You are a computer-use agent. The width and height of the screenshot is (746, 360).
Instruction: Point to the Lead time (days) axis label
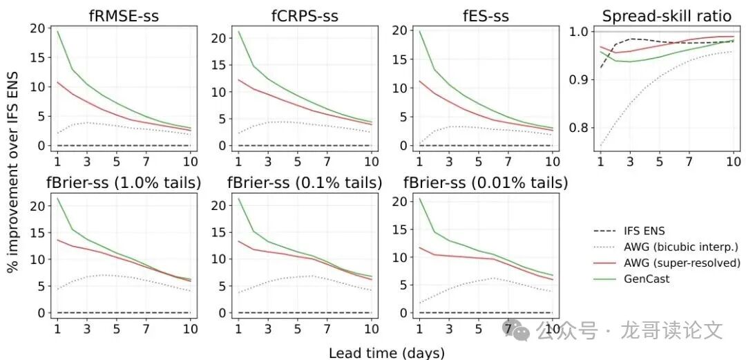click(x=387, y=352)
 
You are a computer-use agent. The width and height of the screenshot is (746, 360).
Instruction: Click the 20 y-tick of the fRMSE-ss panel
click(x=37, y=28)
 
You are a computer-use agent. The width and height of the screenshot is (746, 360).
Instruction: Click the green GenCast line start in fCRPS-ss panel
click(x=238, y=31)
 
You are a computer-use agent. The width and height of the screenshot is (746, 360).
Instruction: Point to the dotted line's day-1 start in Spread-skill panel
click(x=601, y=145)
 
